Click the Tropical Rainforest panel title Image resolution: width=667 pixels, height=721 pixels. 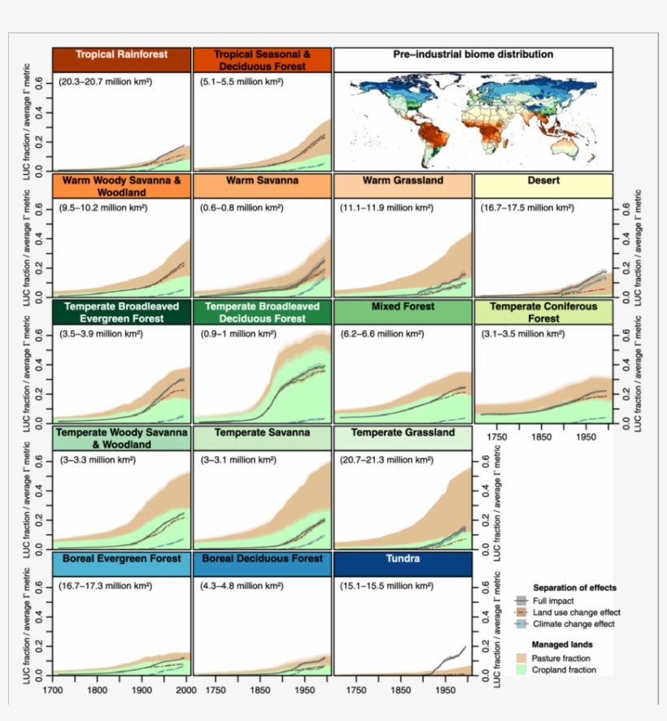click(x=121, y=55)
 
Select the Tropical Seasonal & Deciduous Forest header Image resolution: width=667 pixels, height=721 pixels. click(x=262, y=60)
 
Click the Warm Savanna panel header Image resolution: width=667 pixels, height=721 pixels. click(x=262, y=180)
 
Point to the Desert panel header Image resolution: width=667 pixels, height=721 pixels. click(x=543, y=180)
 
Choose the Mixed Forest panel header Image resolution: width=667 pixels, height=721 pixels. click(x=403, y=308)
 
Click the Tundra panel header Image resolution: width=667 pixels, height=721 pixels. click(x=403, y=560)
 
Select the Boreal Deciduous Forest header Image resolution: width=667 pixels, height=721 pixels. click(x=262, y=560)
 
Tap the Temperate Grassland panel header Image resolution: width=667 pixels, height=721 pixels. click(x=403, y=433)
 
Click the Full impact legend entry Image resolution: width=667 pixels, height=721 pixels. click(x=556, y=601)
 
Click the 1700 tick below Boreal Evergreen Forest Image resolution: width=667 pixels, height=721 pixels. click(x=54, y=690)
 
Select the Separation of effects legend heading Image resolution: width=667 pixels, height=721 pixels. click(x=574, y=587)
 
